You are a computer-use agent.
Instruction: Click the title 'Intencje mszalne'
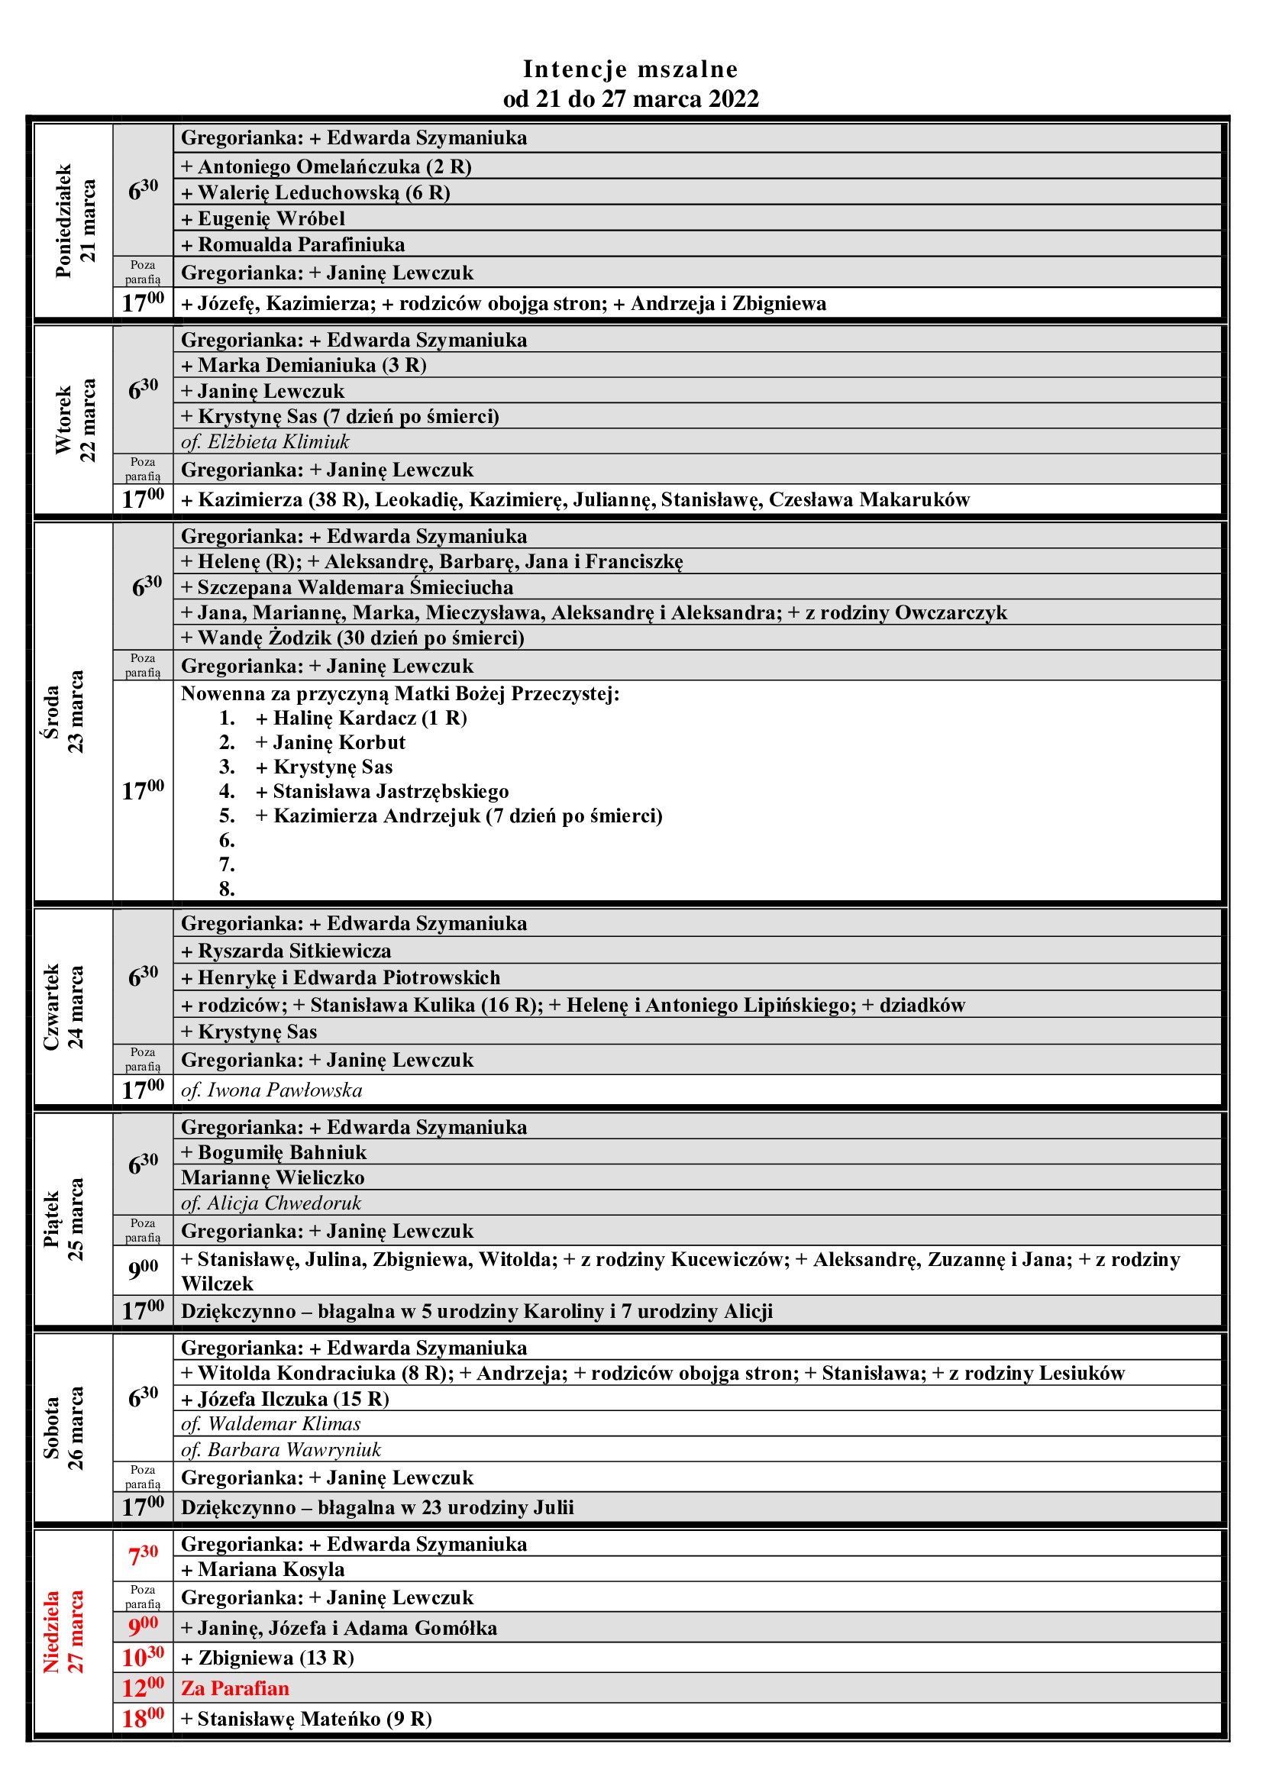(630, 69)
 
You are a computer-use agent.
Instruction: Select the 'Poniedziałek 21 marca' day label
(76, 221)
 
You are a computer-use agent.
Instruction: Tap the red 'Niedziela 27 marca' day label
(63, 1632)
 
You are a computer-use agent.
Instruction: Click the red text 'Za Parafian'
(235, 1688)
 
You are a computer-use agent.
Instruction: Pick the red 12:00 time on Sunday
(143, 1688)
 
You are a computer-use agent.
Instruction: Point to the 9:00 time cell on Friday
(143, 1270)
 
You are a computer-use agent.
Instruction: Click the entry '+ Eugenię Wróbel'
(263, 218)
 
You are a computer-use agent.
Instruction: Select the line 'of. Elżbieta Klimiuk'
(265, 442)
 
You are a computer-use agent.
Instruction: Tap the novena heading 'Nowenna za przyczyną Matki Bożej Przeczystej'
(399, 693)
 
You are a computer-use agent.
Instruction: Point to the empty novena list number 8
(226, 888)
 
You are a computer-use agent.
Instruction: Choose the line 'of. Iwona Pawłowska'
(271, 1090)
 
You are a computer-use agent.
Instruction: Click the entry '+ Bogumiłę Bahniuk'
(274, 1152)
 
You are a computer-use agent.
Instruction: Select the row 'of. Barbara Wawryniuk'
(281, 1449)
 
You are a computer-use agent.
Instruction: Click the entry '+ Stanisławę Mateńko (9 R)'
(306, 1718)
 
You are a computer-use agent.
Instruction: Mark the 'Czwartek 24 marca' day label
(63, 1006)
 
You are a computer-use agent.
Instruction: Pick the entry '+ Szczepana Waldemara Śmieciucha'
(347, 587)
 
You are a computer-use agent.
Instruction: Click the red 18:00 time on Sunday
(143, 1718)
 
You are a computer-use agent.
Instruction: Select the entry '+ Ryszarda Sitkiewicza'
(286, 951)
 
